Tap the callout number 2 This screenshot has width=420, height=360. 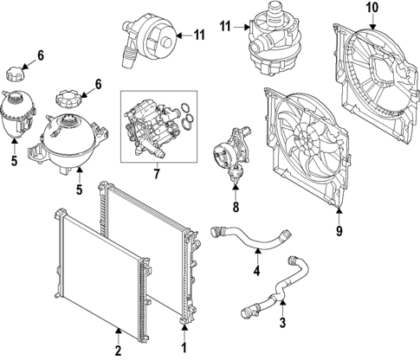[x=119, y=350]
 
